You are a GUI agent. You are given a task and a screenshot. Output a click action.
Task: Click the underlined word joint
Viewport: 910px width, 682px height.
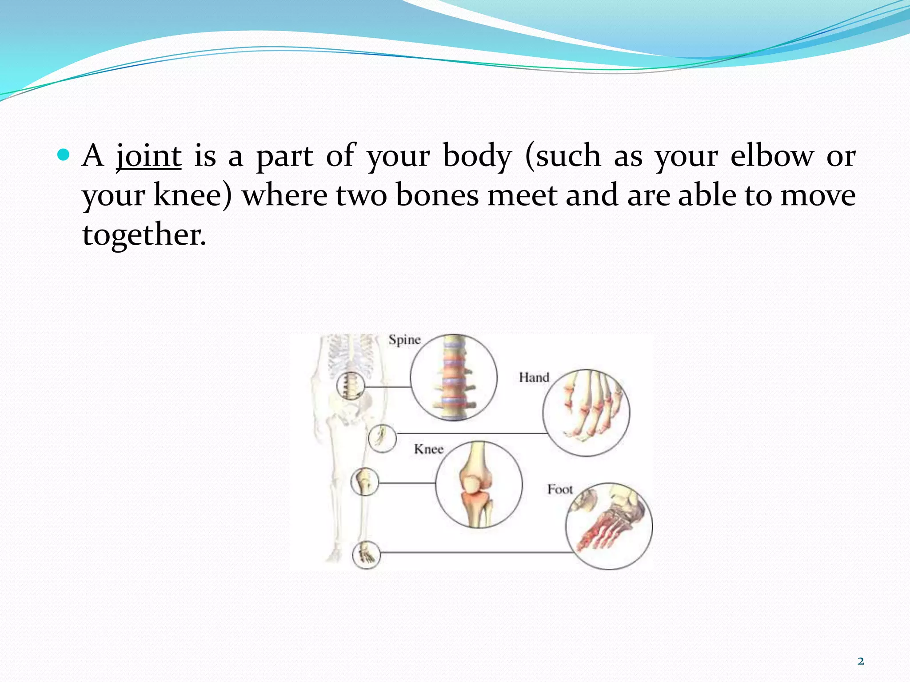[148, 156]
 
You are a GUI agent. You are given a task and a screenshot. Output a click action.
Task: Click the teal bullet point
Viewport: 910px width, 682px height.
[64, 155]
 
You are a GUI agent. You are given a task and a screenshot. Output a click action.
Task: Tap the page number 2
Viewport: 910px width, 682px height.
[861, 661]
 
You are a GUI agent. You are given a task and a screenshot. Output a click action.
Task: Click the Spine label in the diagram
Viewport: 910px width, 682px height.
[404, 340]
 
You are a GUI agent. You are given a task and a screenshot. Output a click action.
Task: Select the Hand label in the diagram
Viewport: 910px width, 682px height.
[534, 377]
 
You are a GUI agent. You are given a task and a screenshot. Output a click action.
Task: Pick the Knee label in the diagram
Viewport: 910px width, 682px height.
[429, 449]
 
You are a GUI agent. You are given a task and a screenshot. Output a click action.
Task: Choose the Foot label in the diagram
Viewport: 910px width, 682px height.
[560, 489]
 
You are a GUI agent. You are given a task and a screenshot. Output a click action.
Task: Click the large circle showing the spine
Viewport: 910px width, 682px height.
[453, 377]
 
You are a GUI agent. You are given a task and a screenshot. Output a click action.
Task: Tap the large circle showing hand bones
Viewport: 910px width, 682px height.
[586, 413]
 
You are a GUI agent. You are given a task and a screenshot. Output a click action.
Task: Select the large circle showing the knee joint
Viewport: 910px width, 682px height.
[479, 484]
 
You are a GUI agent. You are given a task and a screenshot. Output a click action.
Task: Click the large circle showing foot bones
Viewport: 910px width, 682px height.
[609, 526]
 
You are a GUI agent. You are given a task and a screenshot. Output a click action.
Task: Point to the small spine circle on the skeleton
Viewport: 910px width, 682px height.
[351, 385]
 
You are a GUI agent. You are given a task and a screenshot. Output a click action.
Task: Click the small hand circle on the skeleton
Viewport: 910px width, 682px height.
[382, 438]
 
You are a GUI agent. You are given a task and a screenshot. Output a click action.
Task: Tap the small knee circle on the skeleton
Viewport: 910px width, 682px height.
[365, 482]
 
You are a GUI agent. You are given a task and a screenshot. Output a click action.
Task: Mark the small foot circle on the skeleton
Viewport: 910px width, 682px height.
[367, 555]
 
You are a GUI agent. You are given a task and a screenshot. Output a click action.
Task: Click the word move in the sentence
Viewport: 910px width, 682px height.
[818, 195]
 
